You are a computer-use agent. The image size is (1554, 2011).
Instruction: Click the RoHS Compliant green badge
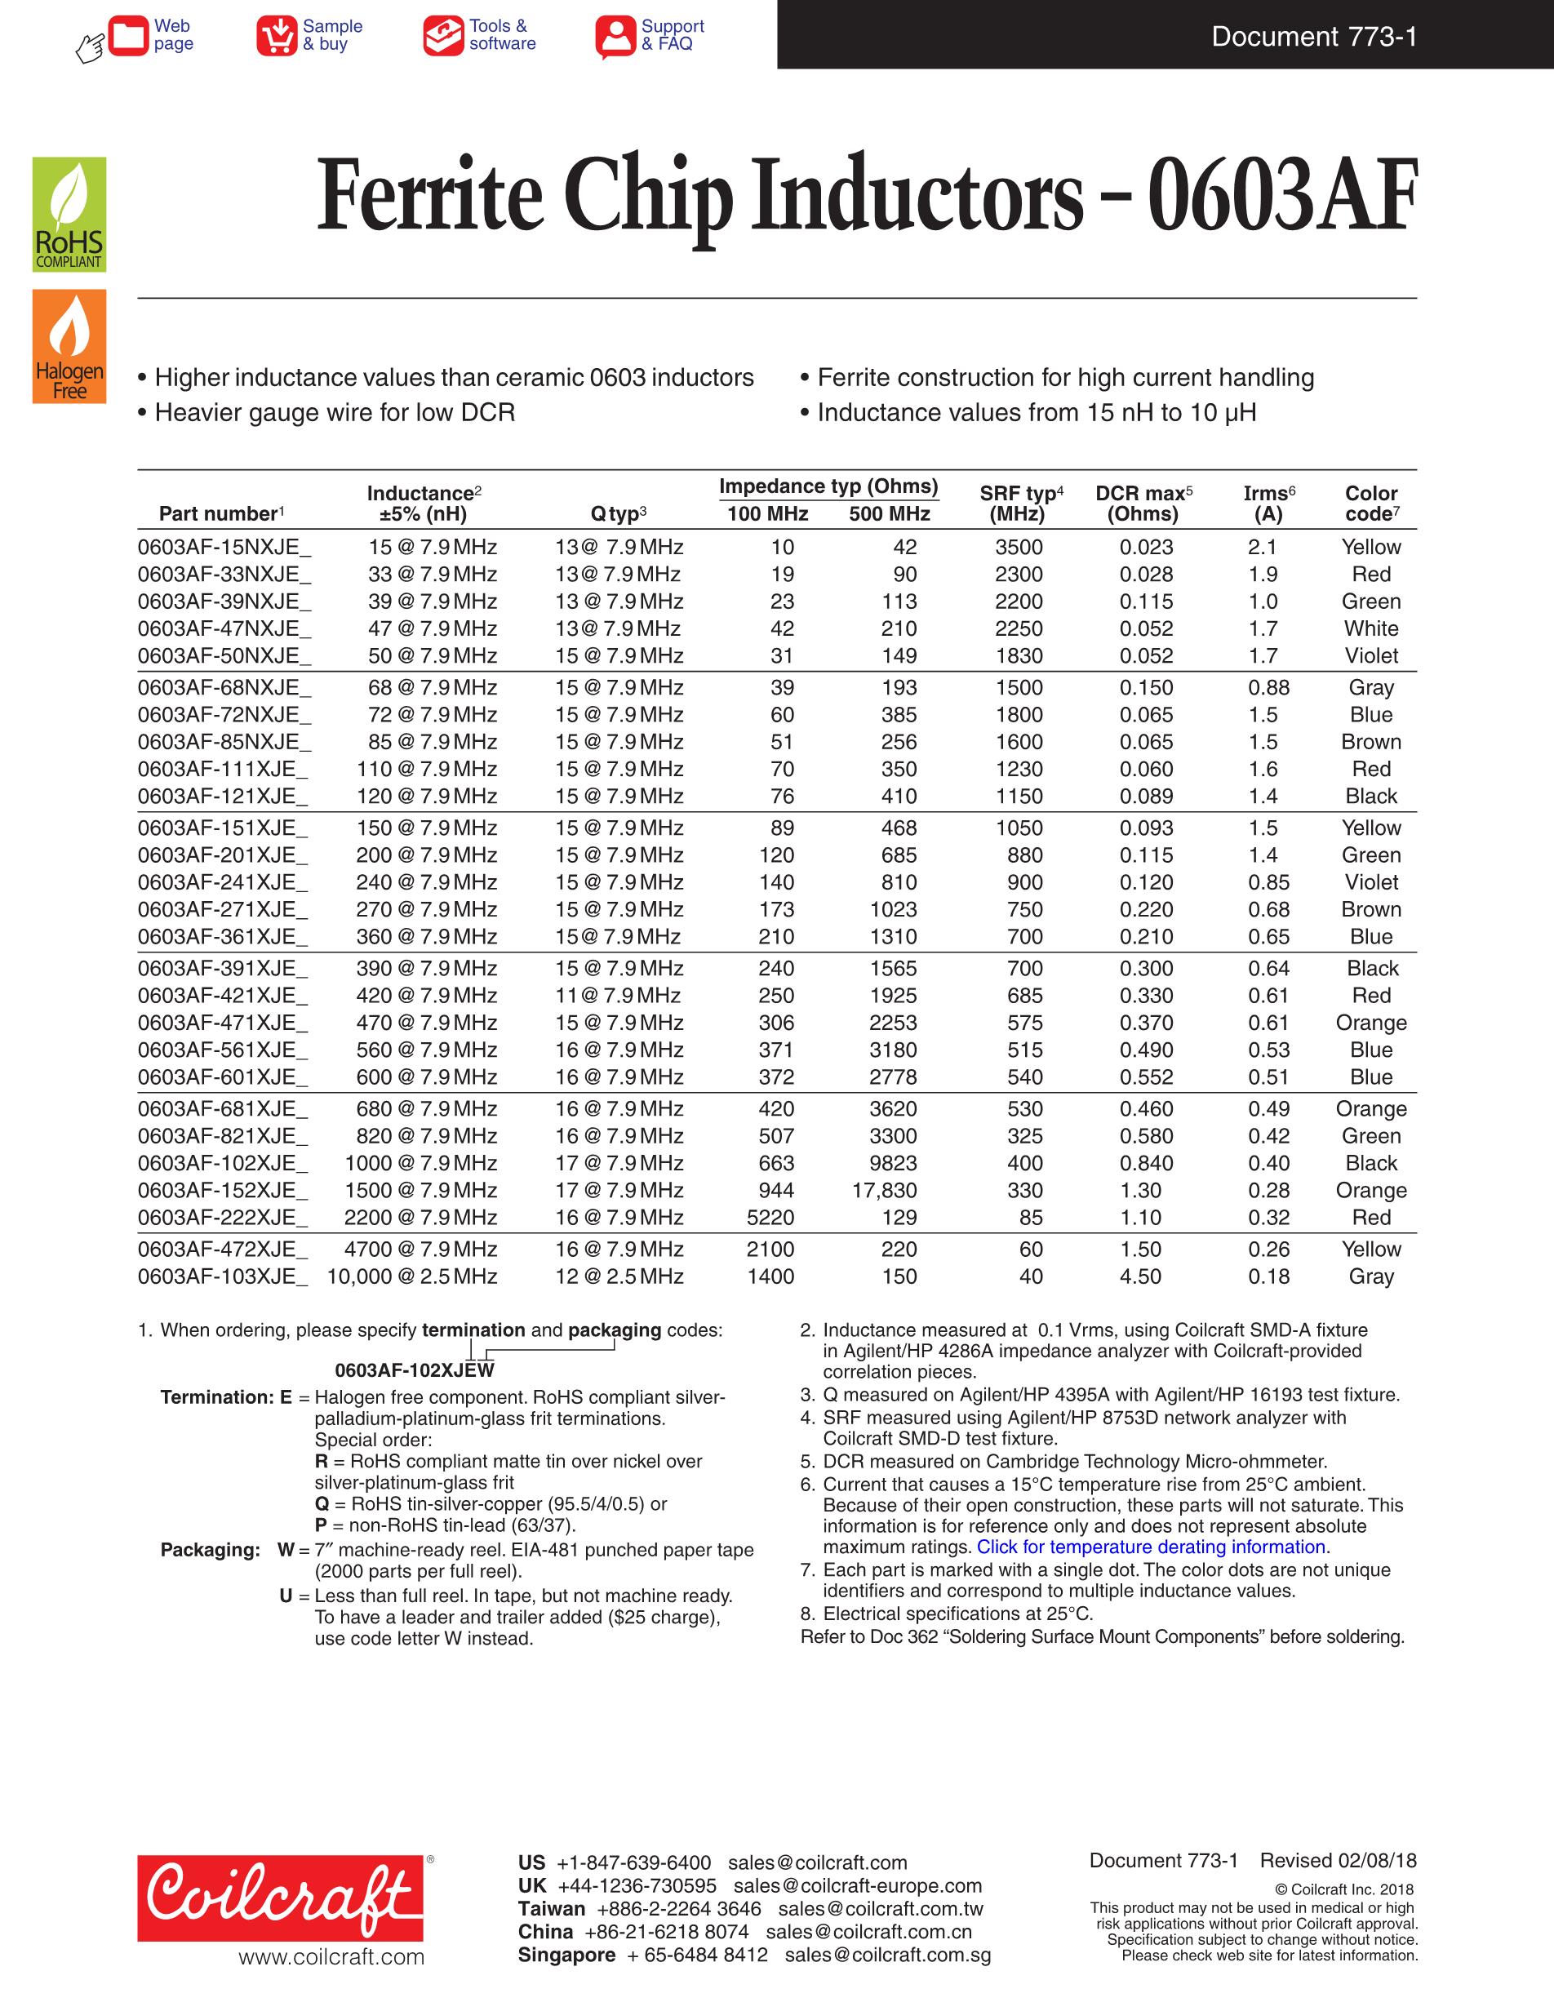69,215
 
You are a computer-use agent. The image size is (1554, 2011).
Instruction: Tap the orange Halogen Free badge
69,346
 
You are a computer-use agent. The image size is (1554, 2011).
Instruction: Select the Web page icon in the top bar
128,36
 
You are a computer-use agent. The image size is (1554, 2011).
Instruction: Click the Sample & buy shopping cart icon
276,36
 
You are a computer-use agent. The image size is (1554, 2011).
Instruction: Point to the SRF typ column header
1020,503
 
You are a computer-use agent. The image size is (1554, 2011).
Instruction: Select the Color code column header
1371,503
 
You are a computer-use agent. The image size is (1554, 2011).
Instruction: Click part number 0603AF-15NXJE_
224,547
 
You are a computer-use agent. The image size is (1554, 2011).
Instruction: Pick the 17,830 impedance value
884,1191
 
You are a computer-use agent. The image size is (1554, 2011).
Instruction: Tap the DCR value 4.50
1141,1276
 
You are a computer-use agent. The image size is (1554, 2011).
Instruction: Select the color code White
1371,629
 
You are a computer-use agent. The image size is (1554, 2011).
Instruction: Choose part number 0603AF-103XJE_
223,1276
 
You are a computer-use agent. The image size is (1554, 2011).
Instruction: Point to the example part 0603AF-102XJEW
415,1370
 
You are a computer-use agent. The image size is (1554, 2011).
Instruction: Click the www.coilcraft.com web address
331,1958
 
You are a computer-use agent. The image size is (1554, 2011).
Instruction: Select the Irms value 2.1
1262,547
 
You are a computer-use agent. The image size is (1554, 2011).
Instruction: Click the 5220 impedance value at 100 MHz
770,1217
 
